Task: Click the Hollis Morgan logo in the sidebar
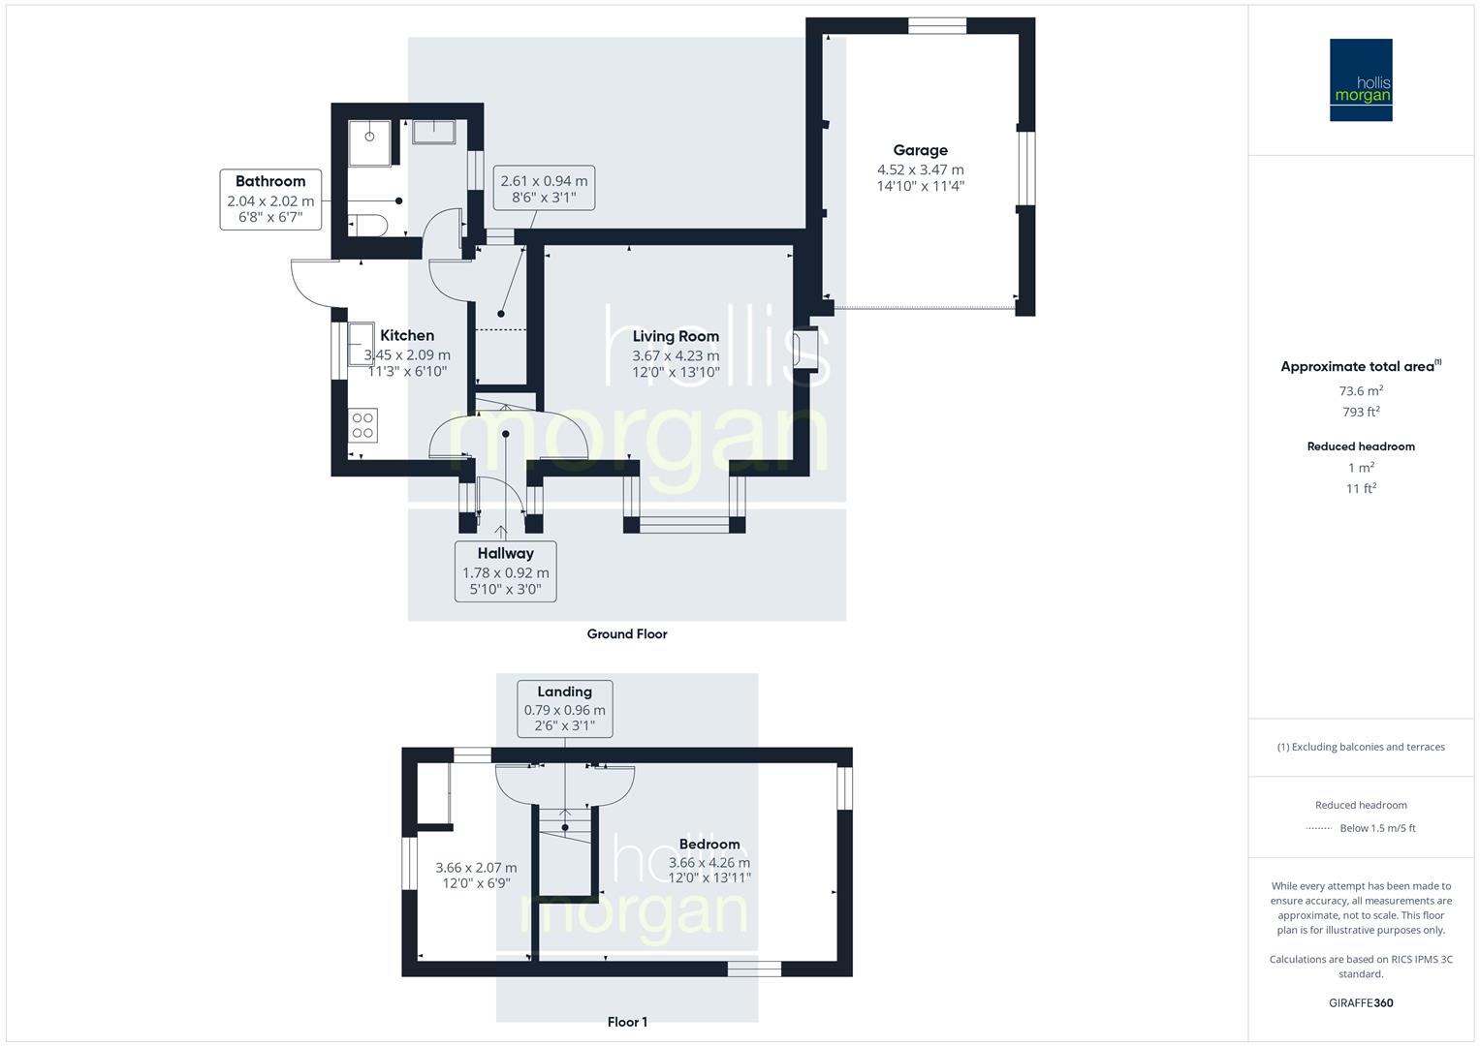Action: [x=1360, y=79]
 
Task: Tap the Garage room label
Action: [x=920, y=150]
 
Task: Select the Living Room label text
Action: [x=676, y=336]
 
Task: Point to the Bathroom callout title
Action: [x=270, y=181]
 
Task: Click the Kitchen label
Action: [x=407, y=335]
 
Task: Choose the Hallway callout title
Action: [x=505, y=553]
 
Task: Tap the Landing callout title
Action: [x=564, y=692]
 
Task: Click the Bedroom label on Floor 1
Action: [x=709, y=844]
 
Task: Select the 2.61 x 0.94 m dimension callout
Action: [x=544, y=189]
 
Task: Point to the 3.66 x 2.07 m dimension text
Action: [x=476, y=868]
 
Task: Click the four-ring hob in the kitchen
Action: [x=363, y=425]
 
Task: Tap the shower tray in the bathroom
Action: [x=370, y=143]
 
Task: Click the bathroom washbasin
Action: [x=433, y=131]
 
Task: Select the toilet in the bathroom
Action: [x=367, y=225]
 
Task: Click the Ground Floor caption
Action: [x=627, y=634]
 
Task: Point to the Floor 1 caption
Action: [x=627, y=1022]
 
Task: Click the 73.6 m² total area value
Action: [x=1361, y=391]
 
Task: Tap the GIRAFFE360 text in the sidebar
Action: [x=1361, y=1002]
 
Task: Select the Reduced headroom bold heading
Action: [x=1361, y=446]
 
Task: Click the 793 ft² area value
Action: [x=1361, y=412]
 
